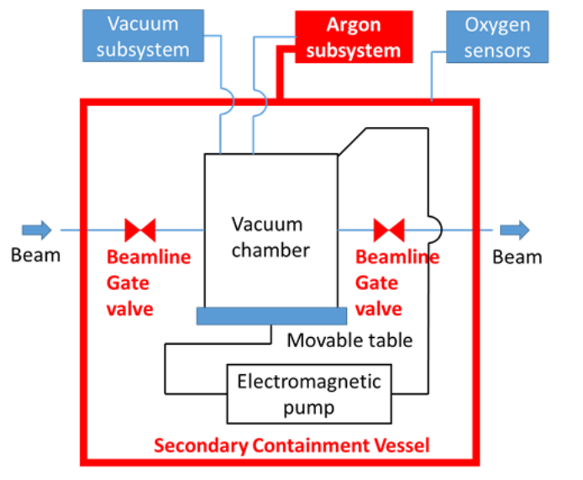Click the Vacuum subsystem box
pyautogui.click(x=142, y=36)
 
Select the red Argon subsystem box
pyautogui.click(x=353, y=38)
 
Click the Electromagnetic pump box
pyautogui.click(x=308, y=394)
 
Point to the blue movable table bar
pyautogui.click(x=270, y=315)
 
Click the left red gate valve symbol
pyautogui.click(x=139, y=229)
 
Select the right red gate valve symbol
pyautogui.click(x=389, y=229)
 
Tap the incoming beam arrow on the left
pyautogui.click(x=36, y=229)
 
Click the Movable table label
pyautogui.click(x=349, y=340)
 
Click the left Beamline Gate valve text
pyautogui.click(x=148, y=282)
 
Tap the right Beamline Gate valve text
pyautogui.click(x=397, y=282)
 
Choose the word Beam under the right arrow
pyautogui.click(x=517, y=256)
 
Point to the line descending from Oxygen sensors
pyautogui.click(x=432, y=79)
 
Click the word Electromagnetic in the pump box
pyautogui.click(x=308, y=382)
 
